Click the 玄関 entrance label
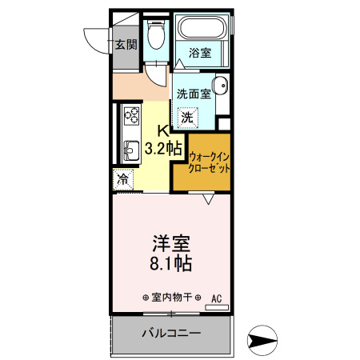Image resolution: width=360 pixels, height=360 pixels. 126,45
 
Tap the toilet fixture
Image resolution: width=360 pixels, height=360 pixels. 158,37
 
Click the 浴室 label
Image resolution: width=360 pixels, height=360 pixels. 200,53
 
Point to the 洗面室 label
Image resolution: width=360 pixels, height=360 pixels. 194,94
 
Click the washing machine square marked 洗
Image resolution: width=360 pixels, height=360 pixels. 186,117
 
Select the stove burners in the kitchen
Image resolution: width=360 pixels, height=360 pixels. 130,121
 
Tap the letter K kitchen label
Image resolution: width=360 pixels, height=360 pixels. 162,130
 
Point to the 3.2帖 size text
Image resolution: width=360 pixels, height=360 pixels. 164,147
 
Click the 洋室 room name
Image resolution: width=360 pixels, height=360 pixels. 171,242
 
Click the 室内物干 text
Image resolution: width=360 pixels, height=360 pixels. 171,296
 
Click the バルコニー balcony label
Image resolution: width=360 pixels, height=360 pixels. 171,333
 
